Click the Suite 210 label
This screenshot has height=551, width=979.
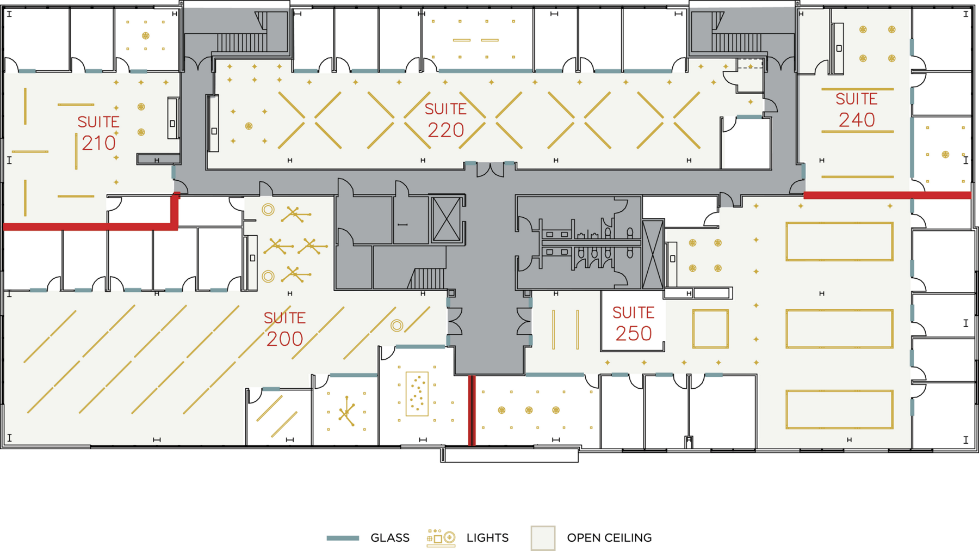pyautogui.click(x=98, y=132)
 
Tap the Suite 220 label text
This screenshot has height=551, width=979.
pyautogui.click(x=445, y=120)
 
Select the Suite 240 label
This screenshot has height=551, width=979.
pyautogui.click(x=857, y=109)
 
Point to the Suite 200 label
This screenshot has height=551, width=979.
pyautogui.click(x=284, y=328)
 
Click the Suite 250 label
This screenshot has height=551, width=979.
pyautogui.click(x=633, y=323)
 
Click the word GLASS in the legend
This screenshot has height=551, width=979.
pyautogui.click(x=389, y=538)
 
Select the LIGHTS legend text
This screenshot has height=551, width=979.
pyautogui.click(x=487, y=538)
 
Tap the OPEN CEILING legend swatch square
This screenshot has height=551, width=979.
pyautogui.click(x=543, y=538)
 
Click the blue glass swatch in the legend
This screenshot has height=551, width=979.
pyautogui.click(x=343, y=538)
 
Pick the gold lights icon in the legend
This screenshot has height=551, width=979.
pyautogui.click(x=441, y=538)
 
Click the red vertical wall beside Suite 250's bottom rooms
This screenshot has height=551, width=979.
pyautogui.click(x=472, y=410)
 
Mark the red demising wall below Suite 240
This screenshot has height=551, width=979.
pyautogui.click(x=887, y=195)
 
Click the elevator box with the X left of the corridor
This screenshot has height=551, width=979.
pyautogui.click(x=446, y=220)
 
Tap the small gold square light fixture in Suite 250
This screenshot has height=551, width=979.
pyautogui.click(x=710, y=329)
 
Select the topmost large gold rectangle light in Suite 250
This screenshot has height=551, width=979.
pyautogui.click(x=839, y=241)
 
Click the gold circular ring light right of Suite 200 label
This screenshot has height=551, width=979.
pyautogui.click(x=397, y=326)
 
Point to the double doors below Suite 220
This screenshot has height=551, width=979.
pyautogui.click(x=490, y=169)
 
